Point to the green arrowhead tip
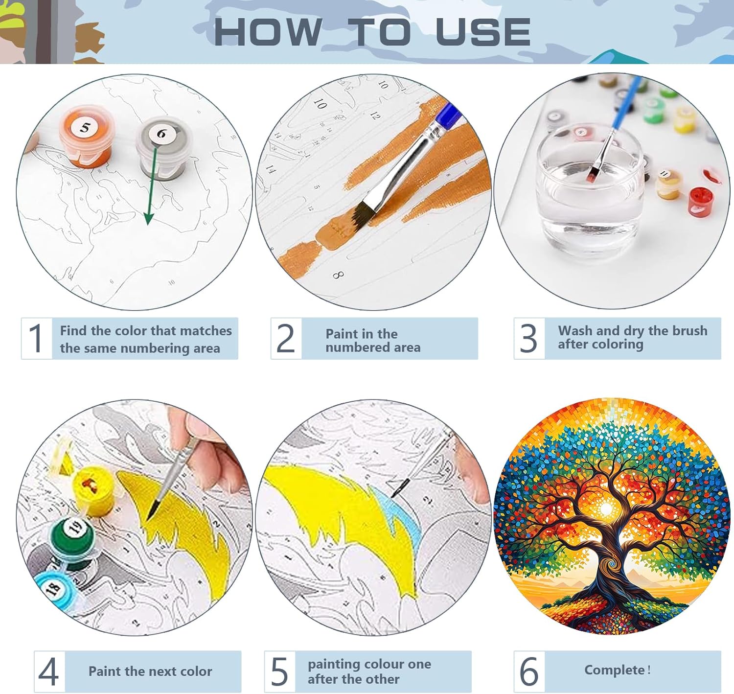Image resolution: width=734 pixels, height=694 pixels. tap(149, 225)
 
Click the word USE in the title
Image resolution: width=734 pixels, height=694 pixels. tap(483, 32)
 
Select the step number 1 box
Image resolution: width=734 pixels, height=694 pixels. tap(37, 338)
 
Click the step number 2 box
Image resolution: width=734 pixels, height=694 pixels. tap(286, 338)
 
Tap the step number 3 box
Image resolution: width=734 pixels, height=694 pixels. tap(529, 338)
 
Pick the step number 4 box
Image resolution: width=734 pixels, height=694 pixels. tap(49, 671)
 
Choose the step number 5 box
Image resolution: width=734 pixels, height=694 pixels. tap(279, 671)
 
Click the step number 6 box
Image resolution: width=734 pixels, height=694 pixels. tap(529, 671)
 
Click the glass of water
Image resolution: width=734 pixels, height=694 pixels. tap(590, 194)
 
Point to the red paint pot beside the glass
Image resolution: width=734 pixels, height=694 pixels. tap(700, 202)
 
